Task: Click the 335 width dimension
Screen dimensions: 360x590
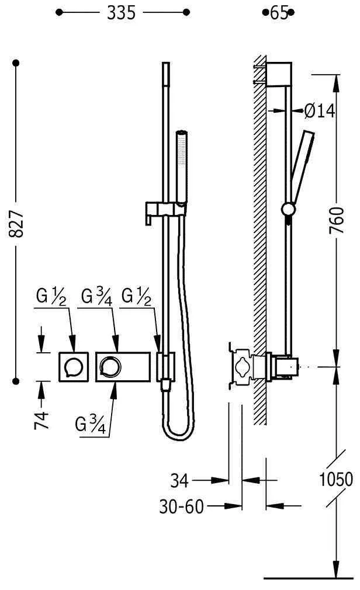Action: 121,13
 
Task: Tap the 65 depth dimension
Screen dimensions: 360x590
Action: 279,13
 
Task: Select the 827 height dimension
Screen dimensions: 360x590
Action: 16,224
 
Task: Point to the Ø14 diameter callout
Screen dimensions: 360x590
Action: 319,111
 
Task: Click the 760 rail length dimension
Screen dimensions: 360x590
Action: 337,220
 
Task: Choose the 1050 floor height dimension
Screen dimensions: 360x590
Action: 336,480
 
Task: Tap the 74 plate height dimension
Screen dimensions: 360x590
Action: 42,420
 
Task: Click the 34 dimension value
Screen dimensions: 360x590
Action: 179,481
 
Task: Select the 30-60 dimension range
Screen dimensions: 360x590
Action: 182,506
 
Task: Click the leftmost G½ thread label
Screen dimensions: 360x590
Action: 51,296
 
